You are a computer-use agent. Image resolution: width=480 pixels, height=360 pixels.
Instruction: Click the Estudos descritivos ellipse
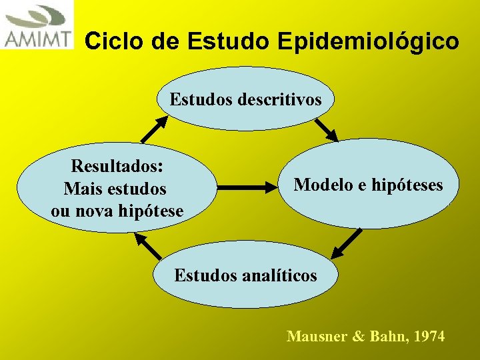click(245, 100)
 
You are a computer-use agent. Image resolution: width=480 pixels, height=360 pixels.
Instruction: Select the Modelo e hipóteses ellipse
click(369, 184)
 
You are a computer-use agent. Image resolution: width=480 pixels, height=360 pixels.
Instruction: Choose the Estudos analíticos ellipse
click(245, 275)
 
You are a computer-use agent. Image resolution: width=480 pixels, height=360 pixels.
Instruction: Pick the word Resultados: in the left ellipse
click(119, 165)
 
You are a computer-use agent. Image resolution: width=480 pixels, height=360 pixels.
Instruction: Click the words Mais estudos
click(115, 189)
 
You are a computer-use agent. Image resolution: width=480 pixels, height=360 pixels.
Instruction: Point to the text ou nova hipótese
click(117, 211)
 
